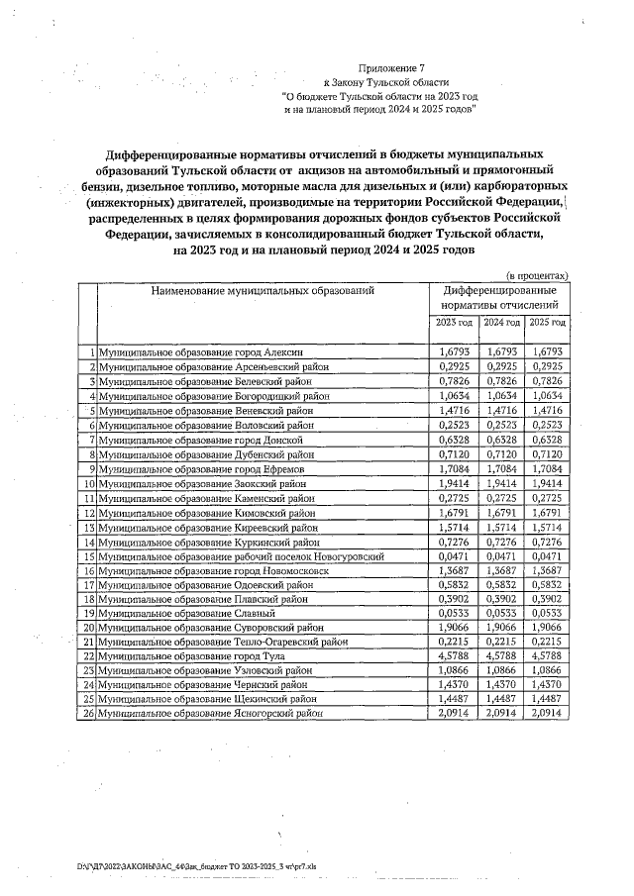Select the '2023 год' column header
pos(453,323)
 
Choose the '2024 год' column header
pos(501,323)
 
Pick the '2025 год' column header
pos(548,323)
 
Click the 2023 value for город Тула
pos(453,655)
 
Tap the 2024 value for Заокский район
pos(501,483)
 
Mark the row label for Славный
pos(161,613)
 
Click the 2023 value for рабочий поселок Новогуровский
pos(453,557)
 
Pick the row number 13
pos(88,528)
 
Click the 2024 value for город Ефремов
pos(501,468)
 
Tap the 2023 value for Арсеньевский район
pos(453,366)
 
